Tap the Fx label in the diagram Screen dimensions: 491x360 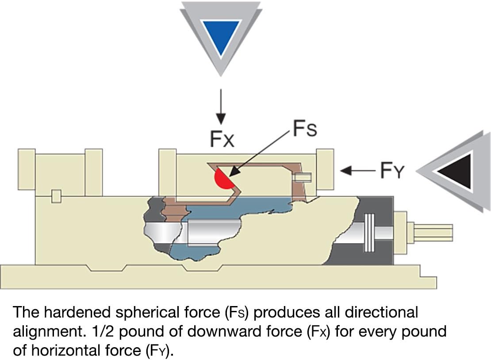(x=222, y=139)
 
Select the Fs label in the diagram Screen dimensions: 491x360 (x=305, y=128)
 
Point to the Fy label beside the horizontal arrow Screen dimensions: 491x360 (x=392, y=170)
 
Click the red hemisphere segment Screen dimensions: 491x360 (x=223, y=179)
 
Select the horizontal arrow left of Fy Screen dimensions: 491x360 (x=357, y=171)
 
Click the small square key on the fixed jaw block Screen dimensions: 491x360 (x=56, y=196)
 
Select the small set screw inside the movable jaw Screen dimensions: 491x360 (x=302, y=177)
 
